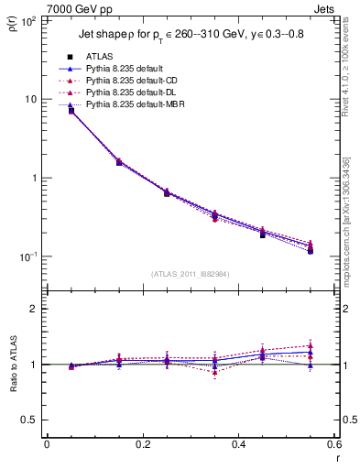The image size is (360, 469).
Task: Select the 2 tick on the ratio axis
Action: click(x=36, y=309)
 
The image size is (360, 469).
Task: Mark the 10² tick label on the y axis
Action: click(x=29, y=19)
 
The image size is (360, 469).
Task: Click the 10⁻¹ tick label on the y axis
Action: click(x=28, y=256)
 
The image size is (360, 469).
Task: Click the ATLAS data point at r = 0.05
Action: click(x=71, y=111)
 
